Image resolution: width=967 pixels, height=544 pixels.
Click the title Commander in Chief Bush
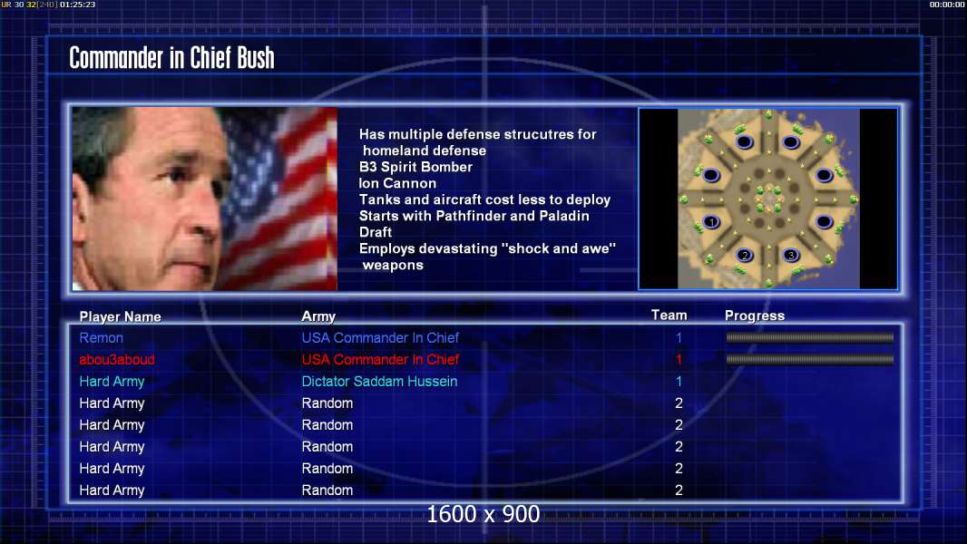point(171,58)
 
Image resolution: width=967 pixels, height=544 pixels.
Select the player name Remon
point(101,337)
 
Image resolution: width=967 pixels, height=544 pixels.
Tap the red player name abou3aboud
point(116,359)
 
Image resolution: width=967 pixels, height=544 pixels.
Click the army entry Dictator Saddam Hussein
point(379,382)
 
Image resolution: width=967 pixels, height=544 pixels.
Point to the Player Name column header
point(121,316)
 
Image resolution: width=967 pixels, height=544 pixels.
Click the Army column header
point(318,316)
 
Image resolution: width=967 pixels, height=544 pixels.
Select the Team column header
point(669,315)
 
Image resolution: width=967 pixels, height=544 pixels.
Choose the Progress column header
point(755,316)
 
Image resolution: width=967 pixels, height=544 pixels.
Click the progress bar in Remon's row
point(810,337)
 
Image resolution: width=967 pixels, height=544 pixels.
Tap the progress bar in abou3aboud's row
point(810,359)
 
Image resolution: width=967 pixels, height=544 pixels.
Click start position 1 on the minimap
point(711,222)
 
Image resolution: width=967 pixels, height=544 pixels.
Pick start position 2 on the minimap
point(745,255)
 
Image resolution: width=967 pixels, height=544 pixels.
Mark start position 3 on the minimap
point(791,255)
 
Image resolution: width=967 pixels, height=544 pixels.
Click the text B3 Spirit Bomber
point(415,167)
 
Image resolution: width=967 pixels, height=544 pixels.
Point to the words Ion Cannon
point(398,183)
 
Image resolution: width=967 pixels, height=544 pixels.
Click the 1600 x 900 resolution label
point(483,514)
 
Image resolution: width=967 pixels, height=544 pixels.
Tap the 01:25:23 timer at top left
point(78,5)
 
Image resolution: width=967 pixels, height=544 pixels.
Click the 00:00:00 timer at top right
point(947,5)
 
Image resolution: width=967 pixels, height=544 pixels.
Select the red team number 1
point(679,359)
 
